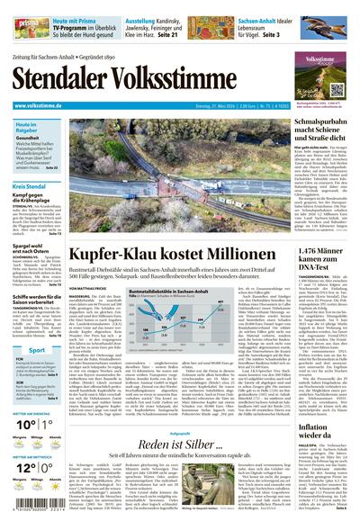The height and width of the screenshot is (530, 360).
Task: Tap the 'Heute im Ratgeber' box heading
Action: [27, 130]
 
